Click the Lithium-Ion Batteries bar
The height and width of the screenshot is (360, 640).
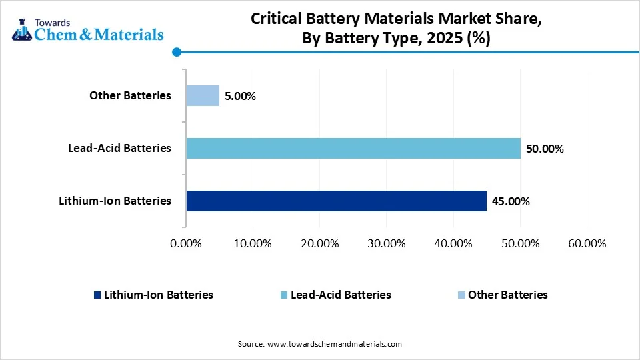(336, 201)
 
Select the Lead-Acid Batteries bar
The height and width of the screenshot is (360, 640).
(353, 148)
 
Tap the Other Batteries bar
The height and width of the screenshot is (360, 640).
(203, 95)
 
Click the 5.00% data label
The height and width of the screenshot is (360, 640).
(240, 96)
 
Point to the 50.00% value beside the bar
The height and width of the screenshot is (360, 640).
(545, 149)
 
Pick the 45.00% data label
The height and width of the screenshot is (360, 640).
(511, 201)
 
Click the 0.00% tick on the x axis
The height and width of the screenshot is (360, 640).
(186, 243)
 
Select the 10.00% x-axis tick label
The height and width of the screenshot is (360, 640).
(253, 243)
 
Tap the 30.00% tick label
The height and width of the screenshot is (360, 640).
(386, 243)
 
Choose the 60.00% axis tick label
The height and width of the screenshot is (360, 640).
(586, 243)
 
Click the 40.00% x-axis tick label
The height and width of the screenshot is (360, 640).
(453, 243)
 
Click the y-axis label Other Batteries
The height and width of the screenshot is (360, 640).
(130, 95)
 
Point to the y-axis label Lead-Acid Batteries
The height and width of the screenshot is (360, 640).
(119, 148)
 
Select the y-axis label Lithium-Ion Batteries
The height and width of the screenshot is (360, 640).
(114, 201)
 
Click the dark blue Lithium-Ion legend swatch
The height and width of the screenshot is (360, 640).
(97, 295)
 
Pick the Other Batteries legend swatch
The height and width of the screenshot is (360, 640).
(461, 295)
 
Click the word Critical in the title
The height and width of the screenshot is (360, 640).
(275, 19)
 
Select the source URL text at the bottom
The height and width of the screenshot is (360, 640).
(334, 344)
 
